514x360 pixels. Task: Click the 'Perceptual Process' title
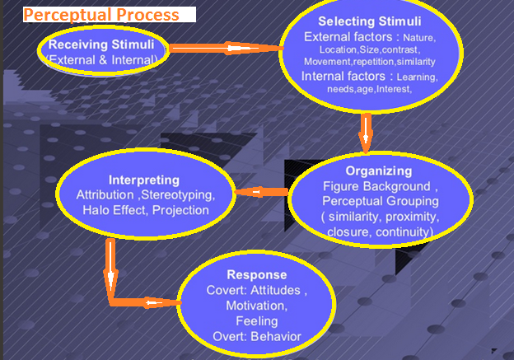(x=101, y=15)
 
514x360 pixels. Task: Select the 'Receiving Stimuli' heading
(x=101, y=44)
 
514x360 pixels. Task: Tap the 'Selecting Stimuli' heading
(x=369, y=21)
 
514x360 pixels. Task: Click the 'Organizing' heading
(x=379, y=171)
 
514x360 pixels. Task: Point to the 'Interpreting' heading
(x=144, y=180)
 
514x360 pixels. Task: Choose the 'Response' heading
(x=257, y=275)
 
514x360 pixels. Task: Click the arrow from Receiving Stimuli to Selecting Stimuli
(x=226, y=49)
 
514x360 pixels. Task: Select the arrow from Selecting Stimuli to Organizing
(x=366, y=133)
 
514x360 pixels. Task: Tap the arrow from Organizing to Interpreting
(x=262, y=192)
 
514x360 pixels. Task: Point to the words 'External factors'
(x=348, y=37)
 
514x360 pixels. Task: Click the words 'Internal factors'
(x=343, y=76)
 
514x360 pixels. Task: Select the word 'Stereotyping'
(x=176, y=195)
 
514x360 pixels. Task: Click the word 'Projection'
(x=180, y=211)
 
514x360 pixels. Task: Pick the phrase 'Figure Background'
(x=376, y=186)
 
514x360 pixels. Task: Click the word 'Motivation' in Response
(x=255, y=306)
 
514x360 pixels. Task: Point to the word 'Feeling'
(x=257, y=321)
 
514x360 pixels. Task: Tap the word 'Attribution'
(x=105, y=195)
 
